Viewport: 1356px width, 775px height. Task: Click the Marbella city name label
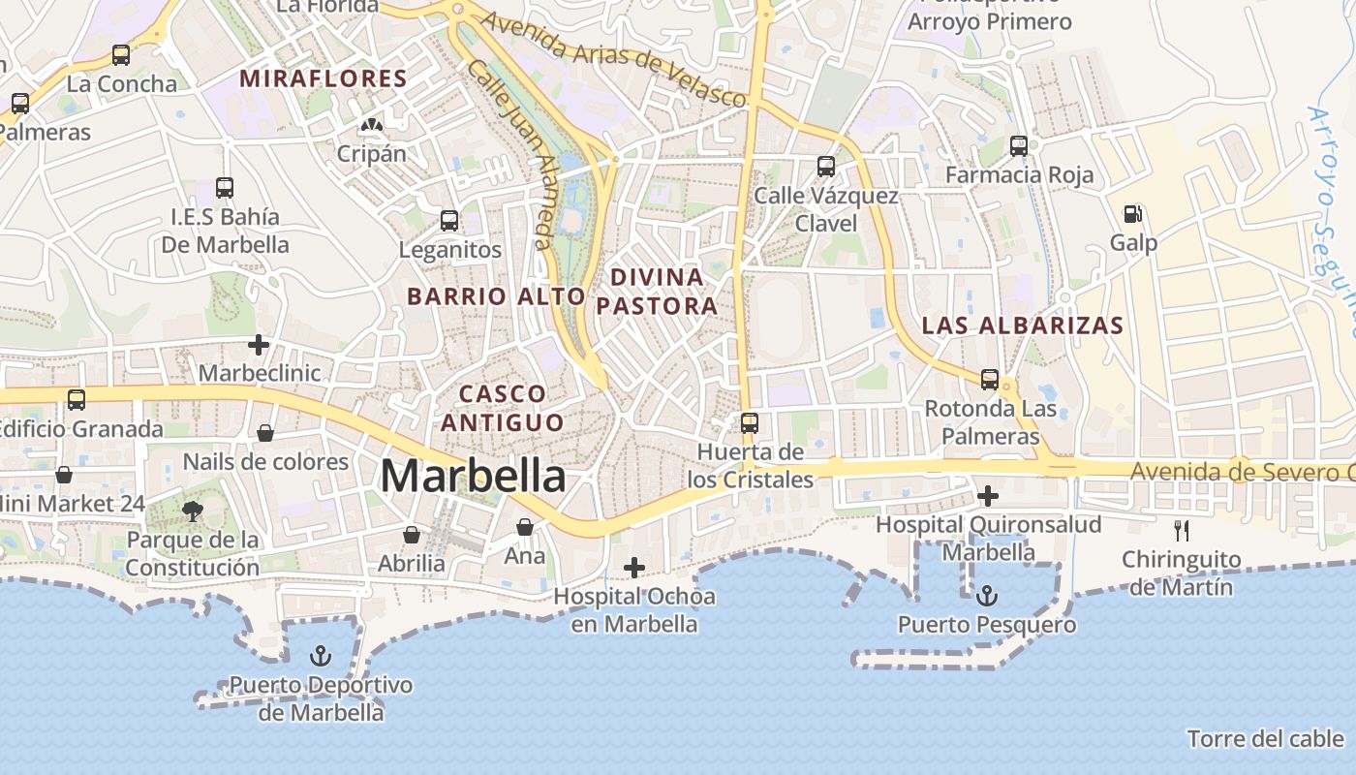click(x=473, y=477)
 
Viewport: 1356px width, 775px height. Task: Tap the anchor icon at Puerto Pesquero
click(x=987, y=595)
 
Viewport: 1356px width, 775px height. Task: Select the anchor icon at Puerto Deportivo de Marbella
click(x=320, y=657)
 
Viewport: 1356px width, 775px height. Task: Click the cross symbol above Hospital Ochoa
click(x=634, y=567)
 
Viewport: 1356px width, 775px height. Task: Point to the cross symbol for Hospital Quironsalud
click(x=988, y=497)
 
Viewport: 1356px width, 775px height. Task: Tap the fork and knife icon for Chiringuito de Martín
click(x=1181, y=530)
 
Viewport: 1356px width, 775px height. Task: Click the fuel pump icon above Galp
click(x=1131, y=214)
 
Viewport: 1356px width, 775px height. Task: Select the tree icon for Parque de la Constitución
click(x=193, y=511)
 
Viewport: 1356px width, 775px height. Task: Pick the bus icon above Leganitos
click(x=449, y=221)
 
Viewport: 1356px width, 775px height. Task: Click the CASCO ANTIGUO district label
click(x=503, y=408)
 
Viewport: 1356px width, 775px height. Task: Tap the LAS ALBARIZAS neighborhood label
click(x=1022, y=325)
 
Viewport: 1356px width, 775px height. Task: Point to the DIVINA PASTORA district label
click(x=657, y=292)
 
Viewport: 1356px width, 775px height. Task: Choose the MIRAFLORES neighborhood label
click(x=324, y=78)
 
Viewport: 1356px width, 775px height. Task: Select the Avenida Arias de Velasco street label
click(x=614, y=59)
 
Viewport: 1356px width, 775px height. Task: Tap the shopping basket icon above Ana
click(x=525, y=527)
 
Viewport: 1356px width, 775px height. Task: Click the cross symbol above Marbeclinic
click(x=259, y=344)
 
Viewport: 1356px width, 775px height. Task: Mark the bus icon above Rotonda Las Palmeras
click(x=990, y=379)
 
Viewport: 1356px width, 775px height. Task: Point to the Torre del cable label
click(x=1265, y=739)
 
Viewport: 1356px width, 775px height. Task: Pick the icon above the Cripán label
click(x=371, y=125)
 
